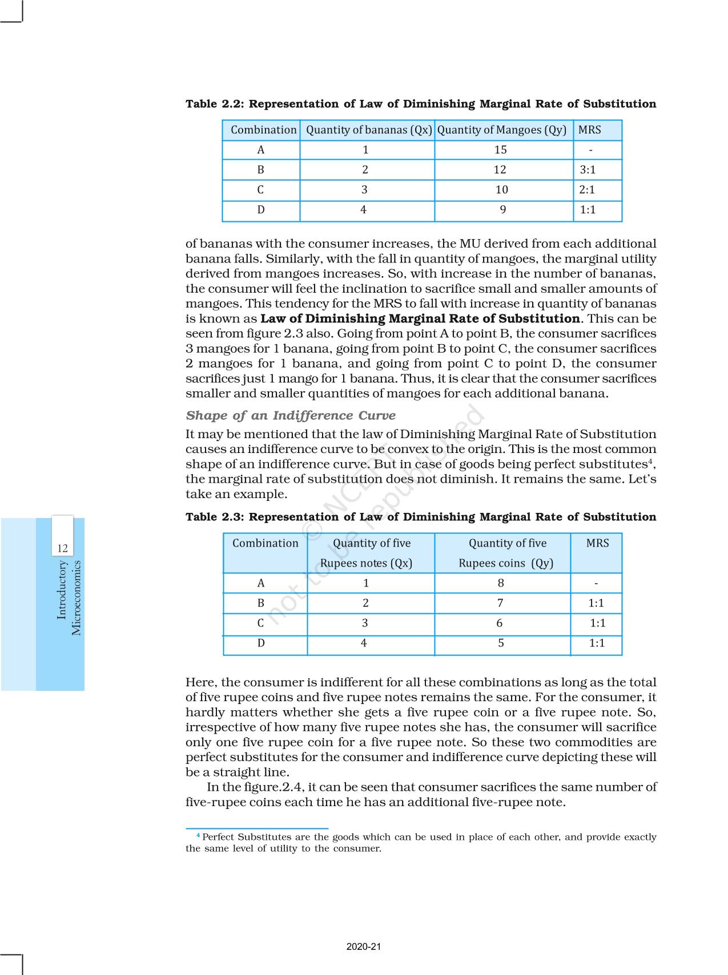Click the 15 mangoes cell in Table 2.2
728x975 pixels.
pos(500,150)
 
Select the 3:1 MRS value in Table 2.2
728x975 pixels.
pos(588,170)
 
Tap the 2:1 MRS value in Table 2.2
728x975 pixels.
pos(587,190)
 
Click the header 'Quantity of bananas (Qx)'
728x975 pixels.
pos(369,130)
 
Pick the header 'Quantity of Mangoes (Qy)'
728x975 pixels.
pos(501,130)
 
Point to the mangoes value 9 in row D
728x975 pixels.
pos(502,210)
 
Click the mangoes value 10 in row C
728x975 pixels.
pos(501,190)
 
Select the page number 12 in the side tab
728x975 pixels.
pos(62,549)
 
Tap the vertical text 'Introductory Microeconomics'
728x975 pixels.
pos(69,598)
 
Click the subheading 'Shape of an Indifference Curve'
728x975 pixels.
pos(291,415)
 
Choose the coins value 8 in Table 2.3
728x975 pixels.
pos(501,583)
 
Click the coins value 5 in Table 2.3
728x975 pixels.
pos(501,644)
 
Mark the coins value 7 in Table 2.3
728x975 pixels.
pos(500,603)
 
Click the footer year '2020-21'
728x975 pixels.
pos(364,947)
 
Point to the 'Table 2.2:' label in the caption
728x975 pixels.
pos(215,104)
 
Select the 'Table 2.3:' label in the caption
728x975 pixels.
pos(215,517)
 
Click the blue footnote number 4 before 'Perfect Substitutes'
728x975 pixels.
pos(198,836)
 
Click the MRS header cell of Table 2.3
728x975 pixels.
pos(597,543)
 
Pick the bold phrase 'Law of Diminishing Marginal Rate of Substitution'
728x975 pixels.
pos(420,319)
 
